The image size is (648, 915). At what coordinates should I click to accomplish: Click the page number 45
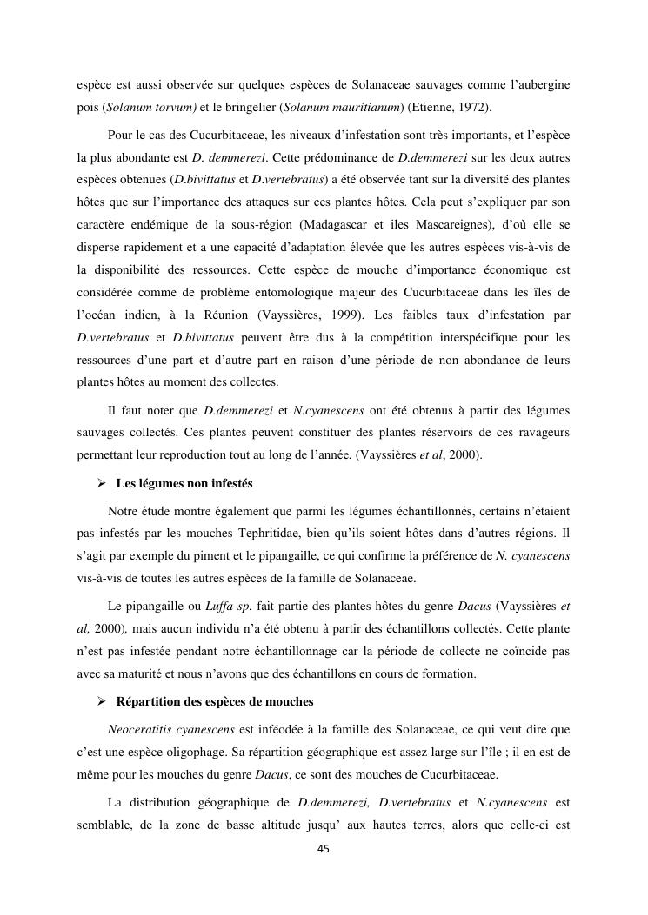coord(324,850)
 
